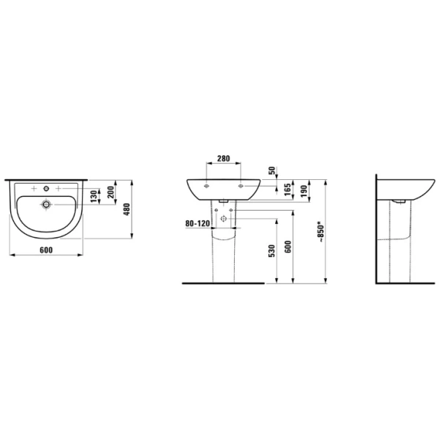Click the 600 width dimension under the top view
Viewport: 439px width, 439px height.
tap(46, 250)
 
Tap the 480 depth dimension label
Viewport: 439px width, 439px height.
tap(127, 209)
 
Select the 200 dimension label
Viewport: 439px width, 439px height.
tap(111, 192)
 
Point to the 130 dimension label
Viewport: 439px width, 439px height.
tap(94, 196)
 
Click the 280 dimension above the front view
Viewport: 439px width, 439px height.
tap(223, 159)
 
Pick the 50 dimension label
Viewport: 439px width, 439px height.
tap(272, 170)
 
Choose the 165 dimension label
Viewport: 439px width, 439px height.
tap(288, 190)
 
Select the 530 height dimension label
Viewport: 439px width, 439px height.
tap(271, 251)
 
